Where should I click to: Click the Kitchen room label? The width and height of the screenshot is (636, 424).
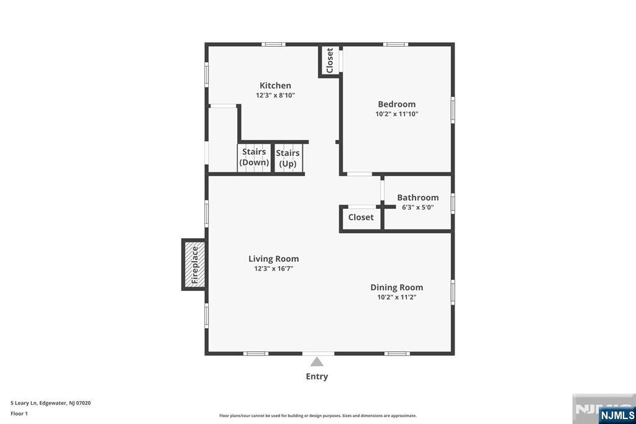pos(275,86)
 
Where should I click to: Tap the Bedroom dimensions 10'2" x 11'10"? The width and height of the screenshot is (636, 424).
pos(397,114)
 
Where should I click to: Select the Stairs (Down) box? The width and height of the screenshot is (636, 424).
pos(254,157)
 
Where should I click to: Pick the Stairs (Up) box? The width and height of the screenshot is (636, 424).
pos(288,159)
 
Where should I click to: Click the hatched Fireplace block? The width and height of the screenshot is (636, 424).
pos(194,264)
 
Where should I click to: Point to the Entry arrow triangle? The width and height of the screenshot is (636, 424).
pos(317,362)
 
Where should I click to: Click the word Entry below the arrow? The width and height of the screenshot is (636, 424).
pos(317,376)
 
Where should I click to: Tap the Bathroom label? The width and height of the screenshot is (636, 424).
pos(418,198)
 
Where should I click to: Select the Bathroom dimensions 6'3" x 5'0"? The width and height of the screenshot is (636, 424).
pos(418,208)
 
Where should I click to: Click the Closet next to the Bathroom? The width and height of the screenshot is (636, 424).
pos(361,218)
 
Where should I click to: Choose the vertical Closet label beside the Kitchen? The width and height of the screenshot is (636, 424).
pos(330,60)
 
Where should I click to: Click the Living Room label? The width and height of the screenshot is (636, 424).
pos(273,259)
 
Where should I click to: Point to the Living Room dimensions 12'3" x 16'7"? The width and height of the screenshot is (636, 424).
pos(273,269)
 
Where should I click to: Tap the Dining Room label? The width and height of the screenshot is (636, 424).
pos(397,287)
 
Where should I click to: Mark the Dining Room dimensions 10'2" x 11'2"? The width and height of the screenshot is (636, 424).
pos(397,297)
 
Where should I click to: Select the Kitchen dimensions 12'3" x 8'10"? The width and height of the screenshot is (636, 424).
pos(275,96)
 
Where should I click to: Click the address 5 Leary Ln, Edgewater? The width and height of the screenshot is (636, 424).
pos(51,403)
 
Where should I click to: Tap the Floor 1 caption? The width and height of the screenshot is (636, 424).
pos(19,413)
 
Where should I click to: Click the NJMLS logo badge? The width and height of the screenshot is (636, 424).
pos(617,415)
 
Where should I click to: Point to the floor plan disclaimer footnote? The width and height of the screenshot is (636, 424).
pos(318,416)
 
